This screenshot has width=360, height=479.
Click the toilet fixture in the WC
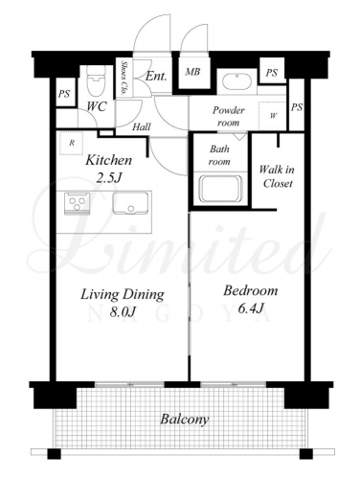click(96, 82)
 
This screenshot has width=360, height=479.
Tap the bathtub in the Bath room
click(220, 189)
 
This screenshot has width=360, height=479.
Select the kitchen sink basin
click(130, 203)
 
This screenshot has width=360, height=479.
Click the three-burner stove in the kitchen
click(77, 203)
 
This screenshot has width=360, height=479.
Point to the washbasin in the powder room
click(236, 81)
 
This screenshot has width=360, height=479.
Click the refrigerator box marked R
click(72, 143)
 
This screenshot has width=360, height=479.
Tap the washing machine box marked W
click(272, 116)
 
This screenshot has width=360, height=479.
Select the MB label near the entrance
click(192, 72)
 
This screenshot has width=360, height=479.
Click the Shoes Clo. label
click(123, 79)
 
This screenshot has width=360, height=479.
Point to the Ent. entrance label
click(156, 77)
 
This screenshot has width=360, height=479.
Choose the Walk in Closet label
click(277, 176)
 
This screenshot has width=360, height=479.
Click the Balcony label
click(184, 420)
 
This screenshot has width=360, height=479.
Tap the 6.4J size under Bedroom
click(250, 308)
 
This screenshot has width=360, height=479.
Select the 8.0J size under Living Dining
click(123, 312)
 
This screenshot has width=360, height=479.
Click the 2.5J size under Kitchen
click(109, 177)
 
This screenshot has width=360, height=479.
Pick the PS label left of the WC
click(64, 94)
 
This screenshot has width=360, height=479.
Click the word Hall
click(142, 127)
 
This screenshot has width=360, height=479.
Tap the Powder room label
click(229, 116)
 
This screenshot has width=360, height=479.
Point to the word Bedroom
click(250, 291)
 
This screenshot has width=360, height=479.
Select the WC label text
click(97, 106)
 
